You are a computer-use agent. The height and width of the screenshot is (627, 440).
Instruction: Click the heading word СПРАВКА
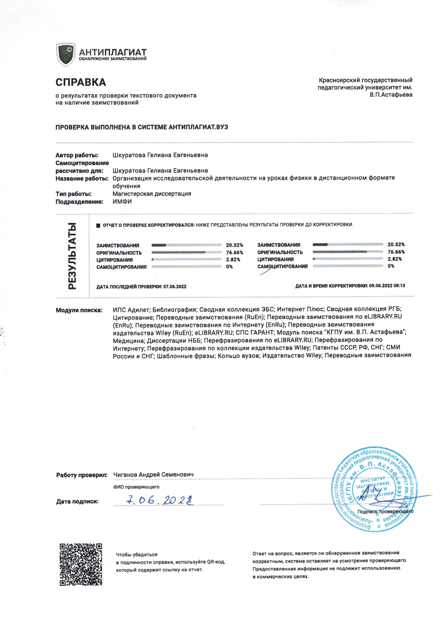pos(81,82)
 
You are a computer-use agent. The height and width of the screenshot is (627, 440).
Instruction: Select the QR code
pos(81,564)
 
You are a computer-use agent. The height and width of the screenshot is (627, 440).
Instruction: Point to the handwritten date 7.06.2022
pos(159,500)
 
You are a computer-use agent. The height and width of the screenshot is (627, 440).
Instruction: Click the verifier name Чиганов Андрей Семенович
pos(153,475)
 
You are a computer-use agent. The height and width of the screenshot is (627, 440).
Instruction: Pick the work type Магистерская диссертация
pos(152,194)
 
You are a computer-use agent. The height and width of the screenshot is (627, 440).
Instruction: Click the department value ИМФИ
pos(122,202)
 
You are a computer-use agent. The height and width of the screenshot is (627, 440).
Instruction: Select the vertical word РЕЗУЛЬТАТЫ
pos(72,256)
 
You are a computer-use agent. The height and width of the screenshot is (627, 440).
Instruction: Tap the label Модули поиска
pos(79,310)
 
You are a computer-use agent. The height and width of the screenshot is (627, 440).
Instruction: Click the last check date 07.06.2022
pos(175,287)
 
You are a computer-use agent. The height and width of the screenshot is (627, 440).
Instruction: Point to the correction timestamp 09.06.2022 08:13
pos(387,286)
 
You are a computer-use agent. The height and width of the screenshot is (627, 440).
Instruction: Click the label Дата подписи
pos(77,502)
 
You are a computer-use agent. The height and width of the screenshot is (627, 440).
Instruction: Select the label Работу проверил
pos(82,475)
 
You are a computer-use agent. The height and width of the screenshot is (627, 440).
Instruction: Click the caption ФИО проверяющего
pos(136,487)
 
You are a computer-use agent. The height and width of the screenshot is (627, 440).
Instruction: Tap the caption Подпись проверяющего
pos(385,511)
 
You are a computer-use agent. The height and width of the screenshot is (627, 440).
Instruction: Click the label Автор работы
pos(77,155)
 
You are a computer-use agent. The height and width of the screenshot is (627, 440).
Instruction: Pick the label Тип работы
pos(73,194)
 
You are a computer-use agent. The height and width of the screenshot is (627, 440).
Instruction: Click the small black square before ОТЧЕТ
pos(98,225)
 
